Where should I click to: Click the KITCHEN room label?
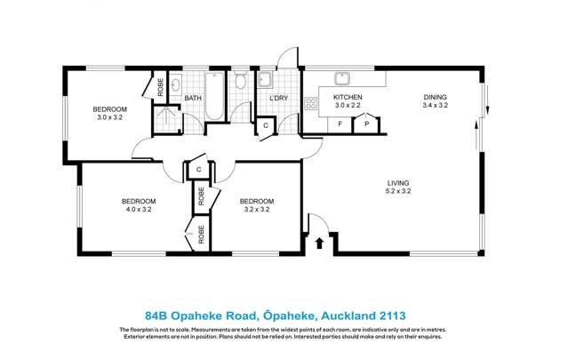click(347, 97)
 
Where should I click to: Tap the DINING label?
click(435, 97)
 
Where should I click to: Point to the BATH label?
click(195, 98)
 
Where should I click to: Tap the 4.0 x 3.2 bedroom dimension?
click(139, 210)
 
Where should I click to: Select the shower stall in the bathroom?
click(164, 117)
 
